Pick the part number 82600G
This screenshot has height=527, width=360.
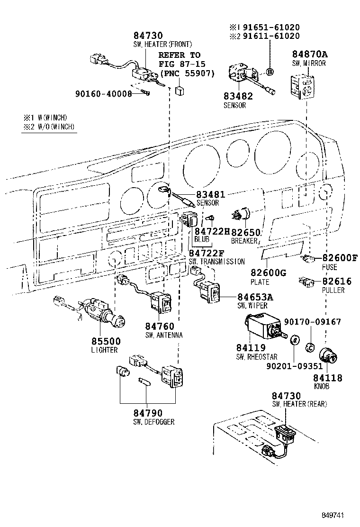[x=269, y=273]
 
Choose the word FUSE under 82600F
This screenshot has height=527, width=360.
[x=330, y=267]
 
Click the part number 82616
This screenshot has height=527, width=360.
[x=337, y=282]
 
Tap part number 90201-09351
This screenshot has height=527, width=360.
[x=294, y=366]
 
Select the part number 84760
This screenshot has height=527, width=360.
[x=160, y=327]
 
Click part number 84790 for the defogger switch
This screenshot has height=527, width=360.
[x=148, y=413]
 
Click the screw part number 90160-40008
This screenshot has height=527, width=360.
[x=103, y=94]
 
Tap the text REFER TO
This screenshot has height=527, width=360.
[x=180, y=55]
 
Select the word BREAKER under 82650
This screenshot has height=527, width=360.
[x=244, y=241]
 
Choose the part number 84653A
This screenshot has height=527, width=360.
[x=255, y=297]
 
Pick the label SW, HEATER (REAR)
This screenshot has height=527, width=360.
[x=299, y=404]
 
